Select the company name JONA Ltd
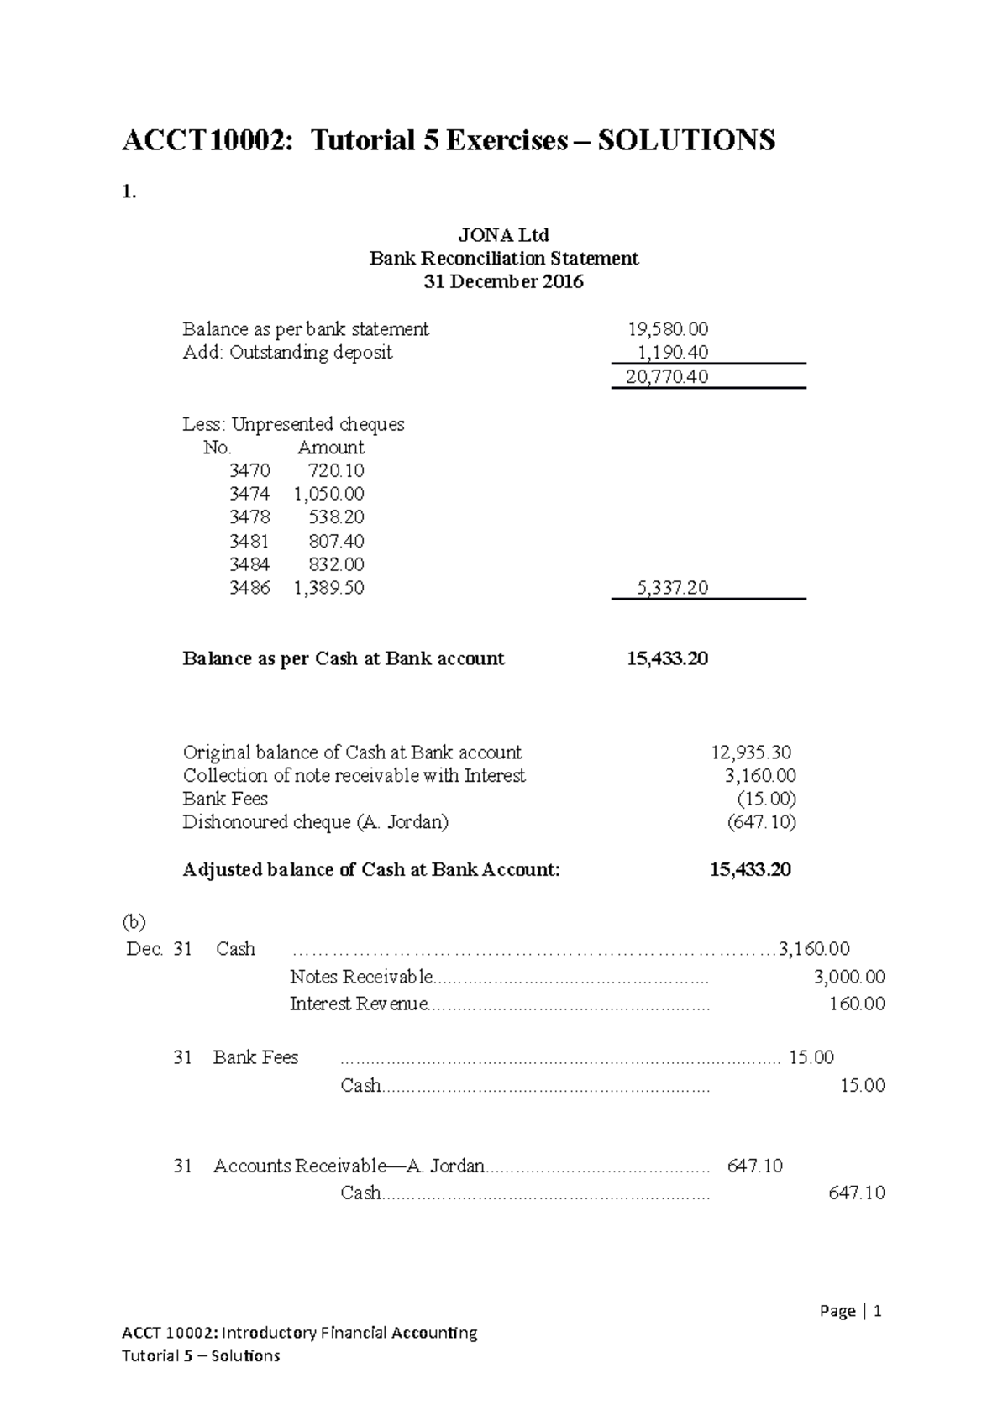(x=504, y=234)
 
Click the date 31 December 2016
(x=504, y=282)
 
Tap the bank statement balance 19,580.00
(x=668, y=329)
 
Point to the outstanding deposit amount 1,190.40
(x=673, y=353)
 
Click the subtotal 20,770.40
(x=667, y=377)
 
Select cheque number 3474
(x=249, y=494)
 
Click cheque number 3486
(x=249, y=588)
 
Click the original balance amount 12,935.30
(x=750, y=752)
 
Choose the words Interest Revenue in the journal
(x=359, y=1004)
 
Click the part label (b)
(x=134, y=922)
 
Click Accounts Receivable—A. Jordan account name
(x=349, y=1166)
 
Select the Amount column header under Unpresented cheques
(x=331, y=448)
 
